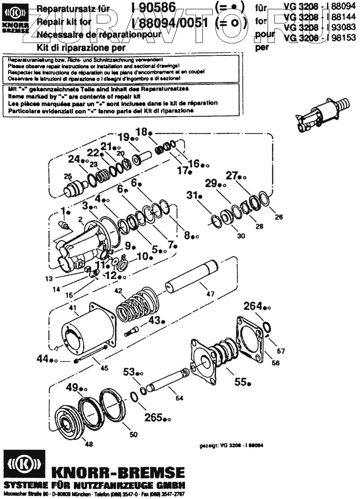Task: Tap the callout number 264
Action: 253,307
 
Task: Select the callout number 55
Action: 241,382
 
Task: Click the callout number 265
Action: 153,417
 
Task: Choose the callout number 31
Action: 192,195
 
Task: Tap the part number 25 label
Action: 67,176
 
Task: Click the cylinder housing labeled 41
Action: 85,331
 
